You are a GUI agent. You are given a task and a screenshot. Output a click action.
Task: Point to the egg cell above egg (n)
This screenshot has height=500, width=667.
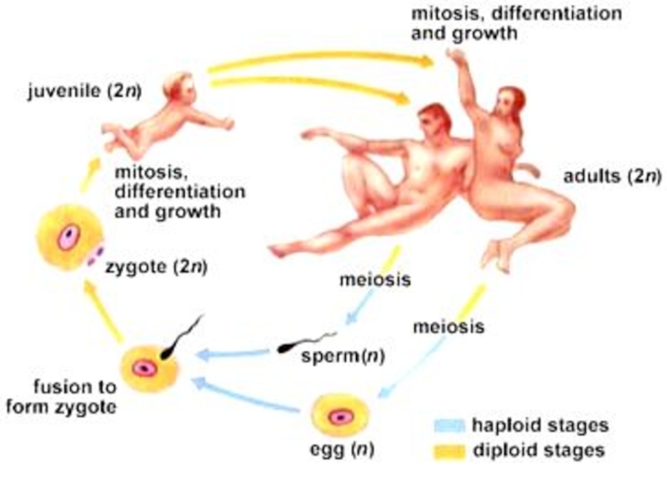click(x=339, y=416)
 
